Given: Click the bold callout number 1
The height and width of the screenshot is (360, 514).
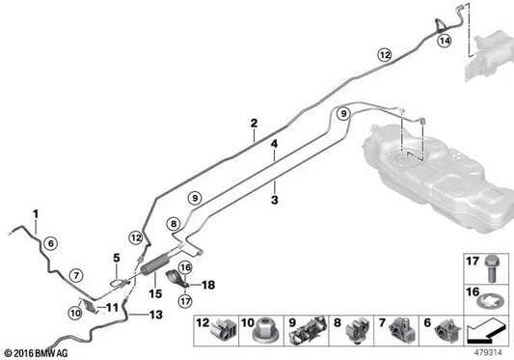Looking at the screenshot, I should click(x=36, y=213).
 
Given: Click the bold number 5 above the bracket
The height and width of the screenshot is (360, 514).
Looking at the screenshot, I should click(x=117, y=258).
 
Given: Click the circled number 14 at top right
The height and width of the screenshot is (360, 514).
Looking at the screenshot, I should click(x=445, y=42).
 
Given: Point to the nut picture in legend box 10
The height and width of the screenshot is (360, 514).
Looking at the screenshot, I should click(x=261, y=333).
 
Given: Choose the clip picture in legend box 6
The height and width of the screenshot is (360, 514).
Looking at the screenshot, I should click(x=445, y=333).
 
